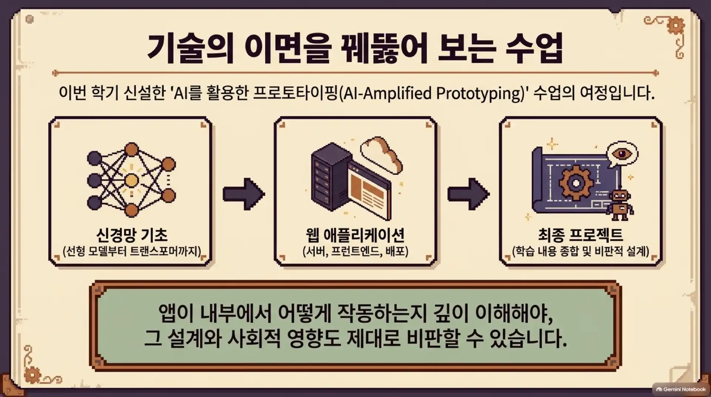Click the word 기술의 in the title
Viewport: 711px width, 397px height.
pos(191,48)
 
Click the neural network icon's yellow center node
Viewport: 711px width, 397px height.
pos(131,180)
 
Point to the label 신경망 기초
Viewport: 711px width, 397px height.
pos(131,234)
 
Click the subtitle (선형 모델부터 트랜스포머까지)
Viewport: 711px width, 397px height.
pos(131,251)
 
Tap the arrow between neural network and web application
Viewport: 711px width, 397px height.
pos(244,194)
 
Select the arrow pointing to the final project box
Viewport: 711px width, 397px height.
pos(468,194)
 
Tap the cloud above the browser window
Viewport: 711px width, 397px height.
pos(381,154)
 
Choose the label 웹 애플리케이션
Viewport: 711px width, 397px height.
pos(355,234)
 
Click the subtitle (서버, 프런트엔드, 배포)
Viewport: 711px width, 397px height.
pos(355,251)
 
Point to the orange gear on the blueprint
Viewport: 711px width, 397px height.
pos(576,183)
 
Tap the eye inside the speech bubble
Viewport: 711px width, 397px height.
pos(621,153)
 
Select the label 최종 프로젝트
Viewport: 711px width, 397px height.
pos(580,234)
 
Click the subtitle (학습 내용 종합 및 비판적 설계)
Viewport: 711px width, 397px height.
pos(580,251)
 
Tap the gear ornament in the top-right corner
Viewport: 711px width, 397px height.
pos(676,25)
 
